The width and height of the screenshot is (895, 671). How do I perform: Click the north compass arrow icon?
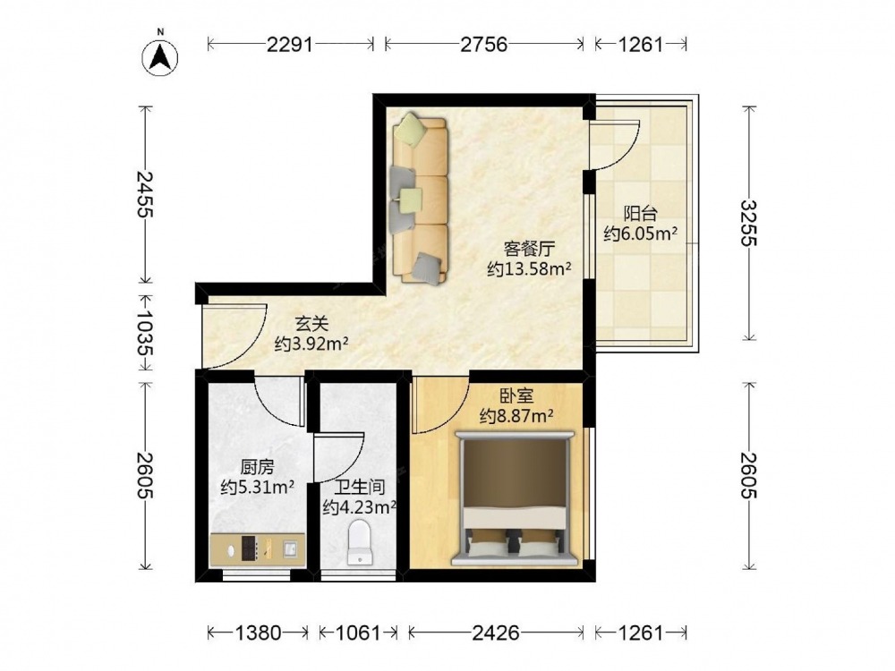(x=160, y=57)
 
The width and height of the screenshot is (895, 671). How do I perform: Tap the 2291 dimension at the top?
(x=290, y=44)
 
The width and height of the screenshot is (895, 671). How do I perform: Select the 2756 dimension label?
(x=484, y=44)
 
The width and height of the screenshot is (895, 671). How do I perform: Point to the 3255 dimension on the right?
(x=748, y=223)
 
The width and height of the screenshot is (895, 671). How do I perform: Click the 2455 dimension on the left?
(x=146, y=194)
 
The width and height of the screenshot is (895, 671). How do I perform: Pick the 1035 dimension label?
(x=146, y=333)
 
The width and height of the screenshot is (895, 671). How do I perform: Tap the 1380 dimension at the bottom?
(x=258, y=633)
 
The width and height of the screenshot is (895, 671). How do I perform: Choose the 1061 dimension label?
(x=357, y=633)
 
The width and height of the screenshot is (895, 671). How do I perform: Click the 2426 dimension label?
(x=496, y=633)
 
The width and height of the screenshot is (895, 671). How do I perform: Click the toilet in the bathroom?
(x=360, y=542)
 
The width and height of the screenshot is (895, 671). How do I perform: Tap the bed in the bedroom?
(x=515, y=498)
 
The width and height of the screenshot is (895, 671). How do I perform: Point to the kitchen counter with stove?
(x=257, y=549)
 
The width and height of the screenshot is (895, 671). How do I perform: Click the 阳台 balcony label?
(x=641, y=214)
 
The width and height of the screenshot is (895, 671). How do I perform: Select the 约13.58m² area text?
(x=530, y=268)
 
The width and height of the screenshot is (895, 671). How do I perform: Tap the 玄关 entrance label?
(x=311, y=324)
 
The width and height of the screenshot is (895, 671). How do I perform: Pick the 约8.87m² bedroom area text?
(x=516, y=416)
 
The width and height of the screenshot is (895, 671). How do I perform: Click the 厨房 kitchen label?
(x=257, y=468)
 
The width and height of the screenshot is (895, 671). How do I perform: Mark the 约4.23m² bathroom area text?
(x=360, y=506)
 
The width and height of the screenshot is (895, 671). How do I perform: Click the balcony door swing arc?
(x=628, y=153)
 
